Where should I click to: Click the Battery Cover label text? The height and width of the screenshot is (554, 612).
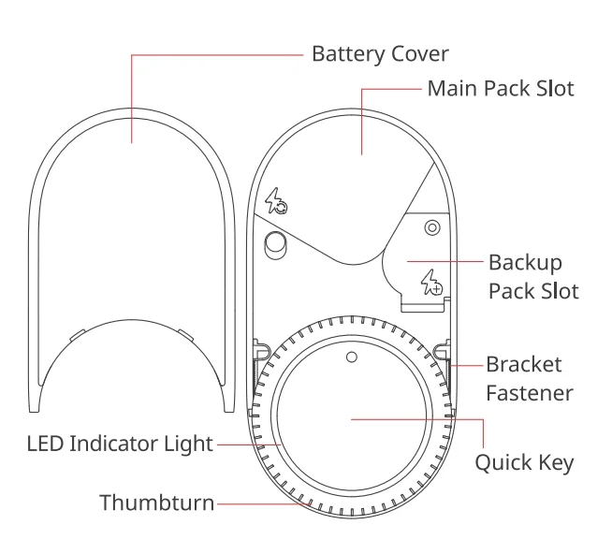(379, 54)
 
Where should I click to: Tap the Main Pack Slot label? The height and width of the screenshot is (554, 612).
(500, 89)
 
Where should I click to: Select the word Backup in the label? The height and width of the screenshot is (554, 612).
(525, 262)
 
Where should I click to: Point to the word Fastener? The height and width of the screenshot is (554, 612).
(529, 392)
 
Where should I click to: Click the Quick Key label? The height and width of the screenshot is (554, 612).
(524, 462)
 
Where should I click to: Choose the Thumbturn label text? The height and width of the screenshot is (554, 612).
(156, 503)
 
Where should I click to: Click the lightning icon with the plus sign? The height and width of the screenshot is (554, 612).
(431, 282)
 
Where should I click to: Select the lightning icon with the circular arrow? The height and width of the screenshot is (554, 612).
(276, 201)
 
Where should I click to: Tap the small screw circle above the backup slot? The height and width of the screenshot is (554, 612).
(431, 227)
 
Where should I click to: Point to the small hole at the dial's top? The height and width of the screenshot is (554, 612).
(351, 357)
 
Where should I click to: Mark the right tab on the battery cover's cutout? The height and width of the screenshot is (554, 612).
(183, 331)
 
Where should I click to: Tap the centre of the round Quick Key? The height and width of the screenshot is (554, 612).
(351, 420)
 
